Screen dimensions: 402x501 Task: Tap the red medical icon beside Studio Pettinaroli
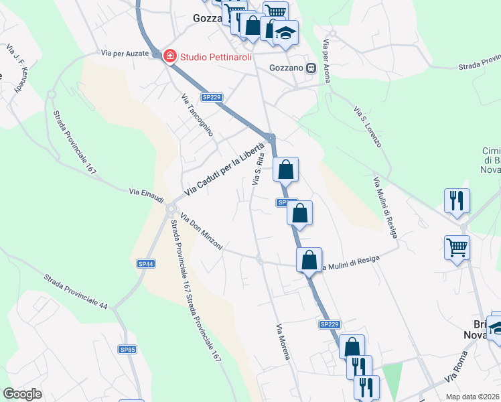[170, 56]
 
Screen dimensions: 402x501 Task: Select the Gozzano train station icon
[311, 68]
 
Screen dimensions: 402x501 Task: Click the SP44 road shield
[146, 264]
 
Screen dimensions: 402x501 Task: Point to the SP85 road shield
[127, 349]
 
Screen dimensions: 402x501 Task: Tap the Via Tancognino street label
[197, 115]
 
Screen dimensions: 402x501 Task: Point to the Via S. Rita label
[257, 170]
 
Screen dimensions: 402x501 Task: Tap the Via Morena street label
[283, 342]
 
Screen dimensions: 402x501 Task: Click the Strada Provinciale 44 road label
[76, 291]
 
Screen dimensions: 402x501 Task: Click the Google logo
[22, 394]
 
